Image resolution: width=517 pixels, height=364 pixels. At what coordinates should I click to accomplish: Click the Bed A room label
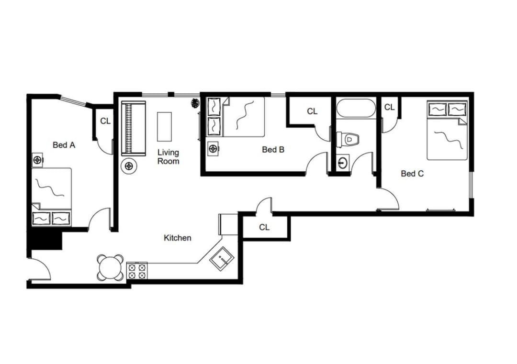(x=64, y=144)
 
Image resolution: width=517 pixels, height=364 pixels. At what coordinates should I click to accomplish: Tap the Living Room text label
(x=168, y=156)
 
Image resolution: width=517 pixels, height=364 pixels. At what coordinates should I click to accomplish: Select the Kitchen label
(x=178, y=238)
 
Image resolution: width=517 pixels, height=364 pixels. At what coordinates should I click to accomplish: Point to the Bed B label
(x=273, y=149)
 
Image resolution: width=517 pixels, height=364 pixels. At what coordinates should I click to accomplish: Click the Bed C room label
(x=412, y=174)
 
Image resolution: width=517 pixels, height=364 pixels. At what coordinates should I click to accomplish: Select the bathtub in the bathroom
(x=356, y=108)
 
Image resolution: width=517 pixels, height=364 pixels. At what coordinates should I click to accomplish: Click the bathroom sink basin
(x=343, y=162)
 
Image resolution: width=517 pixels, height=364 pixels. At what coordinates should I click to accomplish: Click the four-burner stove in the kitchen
(x=136, y=271)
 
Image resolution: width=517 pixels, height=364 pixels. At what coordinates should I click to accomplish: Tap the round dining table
(x=111, y=267)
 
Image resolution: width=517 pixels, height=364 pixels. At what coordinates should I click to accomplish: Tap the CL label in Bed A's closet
(x=105, y=121)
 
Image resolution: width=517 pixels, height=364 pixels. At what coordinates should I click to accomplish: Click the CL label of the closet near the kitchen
(x=264, y=227)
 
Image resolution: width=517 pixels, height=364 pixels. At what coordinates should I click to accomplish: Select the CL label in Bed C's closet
(x=390, y=107)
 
